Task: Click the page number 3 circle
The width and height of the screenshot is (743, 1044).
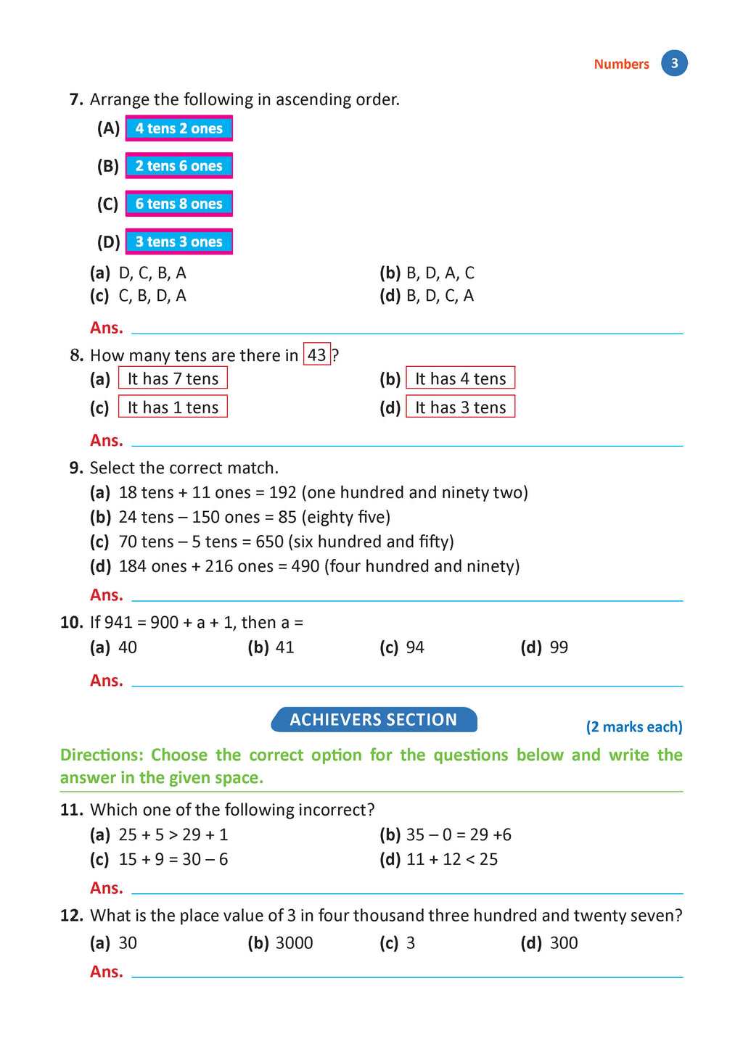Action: (x=674, y=63)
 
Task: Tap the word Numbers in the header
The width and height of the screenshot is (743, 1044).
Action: (x=621, y=64)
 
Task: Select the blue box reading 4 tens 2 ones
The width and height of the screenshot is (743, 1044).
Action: (x=178, y=128)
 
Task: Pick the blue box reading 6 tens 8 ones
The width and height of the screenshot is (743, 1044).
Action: (x=178, y=204)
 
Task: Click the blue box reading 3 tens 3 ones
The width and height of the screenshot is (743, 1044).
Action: (x=178, y=241)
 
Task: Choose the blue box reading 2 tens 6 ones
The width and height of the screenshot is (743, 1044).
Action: (x=178, y=166)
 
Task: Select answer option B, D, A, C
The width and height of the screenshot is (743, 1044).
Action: (x=440, y=273)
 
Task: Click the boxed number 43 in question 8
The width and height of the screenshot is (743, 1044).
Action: (x=317, y=355)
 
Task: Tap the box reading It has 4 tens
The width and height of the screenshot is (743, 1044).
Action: (x=460, y=378)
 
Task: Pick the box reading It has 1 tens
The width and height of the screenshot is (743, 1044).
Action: (x=173, y=407)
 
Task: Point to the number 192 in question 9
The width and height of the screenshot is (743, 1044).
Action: (x=283, y=493)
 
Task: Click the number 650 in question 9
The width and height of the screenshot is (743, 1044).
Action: (x=269, y=542)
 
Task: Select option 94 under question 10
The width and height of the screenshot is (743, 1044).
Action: (x=415, y=647)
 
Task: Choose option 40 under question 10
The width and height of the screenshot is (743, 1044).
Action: (x=128, y=647)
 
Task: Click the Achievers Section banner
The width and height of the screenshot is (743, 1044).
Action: (x=374, y=720)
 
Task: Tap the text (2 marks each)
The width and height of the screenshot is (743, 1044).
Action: (x=634, y=727)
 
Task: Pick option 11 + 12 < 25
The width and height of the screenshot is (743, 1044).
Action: (x=452, y=860)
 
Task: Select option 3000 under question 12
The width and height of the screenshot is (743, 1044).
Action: (x=295, y=943)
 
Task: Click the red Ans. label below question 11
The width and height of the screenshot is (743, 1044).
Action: (x=107, y=888)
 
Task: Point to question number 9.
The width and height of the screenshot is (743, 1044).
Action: (x=77, y=468)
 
